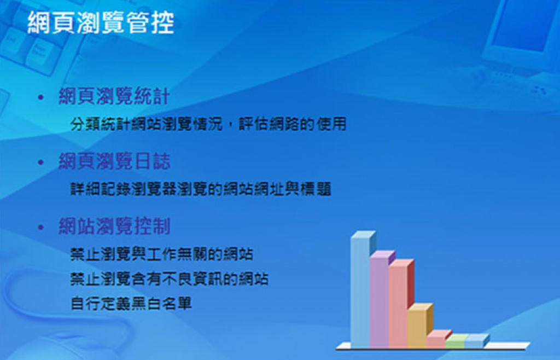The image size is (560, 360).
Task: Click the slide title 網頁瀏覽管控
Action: pos(101,22)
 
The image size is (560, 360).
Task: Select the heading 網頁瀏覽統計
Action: pos(114,96)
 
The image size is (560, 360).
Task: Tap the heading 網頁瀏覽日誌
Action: pos(114,161)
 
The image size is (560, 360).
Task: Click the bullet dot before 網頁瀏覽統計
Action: pos(41,97)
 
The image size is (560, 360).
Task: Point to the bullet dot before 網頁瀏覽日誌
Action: pos(41,162)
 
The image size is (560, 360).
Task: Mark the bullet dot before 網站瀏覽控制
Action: pos(41,227)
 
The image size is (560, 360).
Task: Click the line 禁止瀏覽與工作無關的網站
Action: pos(162,254)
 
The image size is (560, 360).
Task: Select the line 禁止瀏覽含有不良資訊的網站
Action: pos(170,279)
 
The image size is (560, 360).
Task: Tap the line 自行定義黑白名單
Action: pos(131,304)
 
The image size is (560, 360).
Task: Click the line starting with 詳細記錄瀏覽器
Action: pos(201,189)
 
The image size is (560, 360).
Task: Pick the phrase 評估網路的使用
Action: pos(293,124)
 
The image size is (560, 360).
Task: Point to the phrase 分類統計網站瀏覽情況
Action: pos(147,124)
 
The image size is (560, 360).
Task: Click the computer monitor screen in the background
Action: pos(521,27)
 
